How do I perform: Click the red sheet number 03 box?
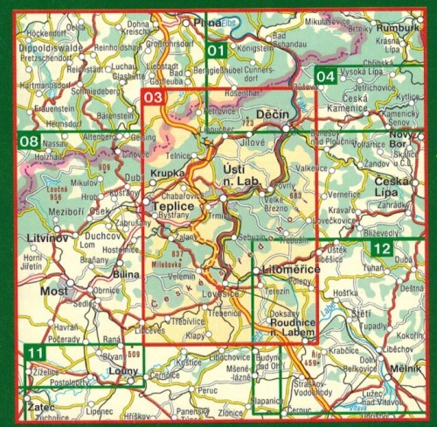[x=154, y=98]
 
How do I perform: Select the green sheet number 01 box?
[x=218, y=51]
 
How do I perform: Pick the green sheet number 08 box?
[x=29, y=141]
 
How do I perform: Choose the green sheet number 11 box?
[x=34, y=353]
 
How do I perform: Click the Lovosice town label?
[x=221, y=297]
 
